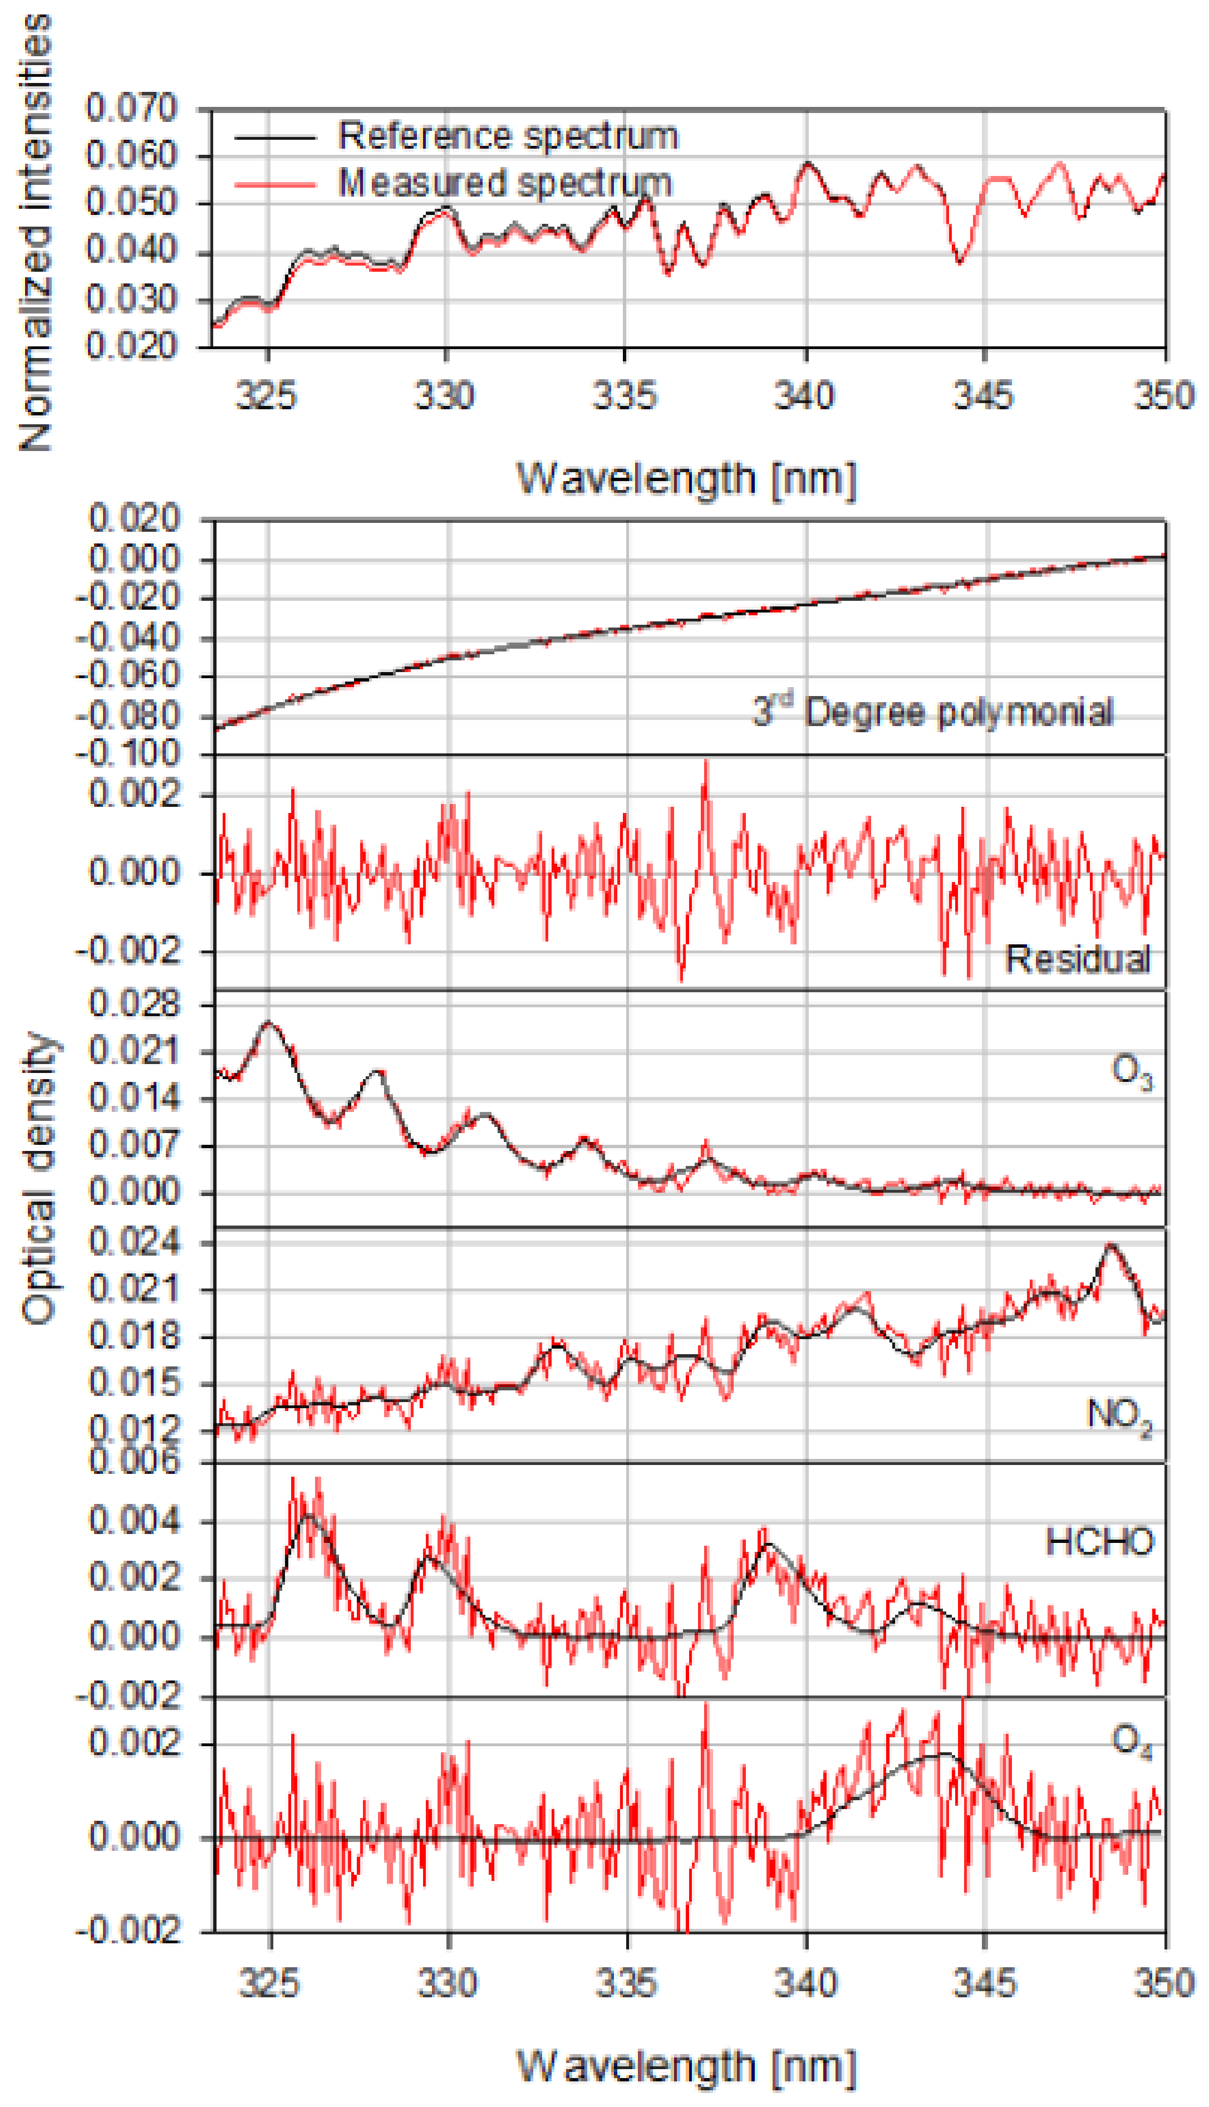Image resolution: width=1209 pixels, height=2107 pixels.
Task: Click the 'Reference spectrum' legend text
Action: (x=508, y=135)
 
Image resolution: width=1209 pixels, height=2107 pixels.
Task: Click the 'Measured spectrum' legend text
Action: (x=505, y=183)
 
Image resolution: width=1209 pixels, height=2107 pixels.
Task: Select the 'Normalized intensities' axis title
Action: (x=35, y=233)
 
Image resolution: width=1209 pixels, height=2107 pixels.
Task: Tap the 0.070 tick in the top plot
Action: (x=131, y=108)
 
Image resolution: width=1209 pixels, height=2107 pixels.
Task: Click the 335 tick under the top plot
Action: (x=625, y=394)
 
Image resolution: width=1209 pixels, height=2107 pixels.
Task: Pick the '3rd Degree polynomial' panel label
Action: (x=932, y=712)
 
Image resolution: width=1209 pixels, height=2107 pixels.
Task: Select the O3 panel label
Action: (x=1131, y=1071)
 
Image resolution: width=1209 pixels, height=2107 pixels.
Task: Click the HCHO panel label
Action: (x=1099, y=1542)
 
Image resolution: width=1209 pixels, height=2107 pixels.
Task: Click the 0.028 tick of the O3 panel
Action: (x=134, y=1004)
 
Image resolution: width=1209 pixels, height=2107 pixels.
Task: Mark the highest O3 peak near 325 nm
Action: (x=268, y=1023)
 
